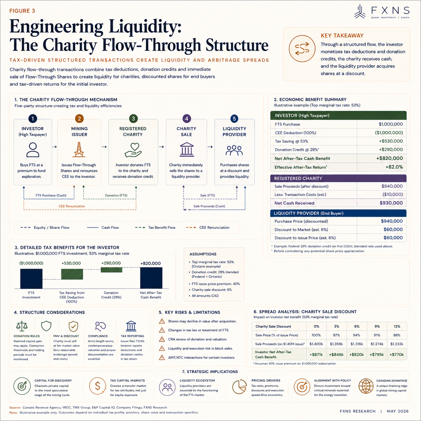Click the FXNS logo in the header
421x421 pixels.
tap(382, 12)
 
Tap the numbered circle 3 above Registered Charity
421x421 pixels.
tap(133, 119)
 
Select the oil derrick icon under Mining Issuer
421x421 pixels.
tap(79, 150)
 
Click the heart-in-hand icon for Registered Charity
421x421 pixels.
tap(133, 150)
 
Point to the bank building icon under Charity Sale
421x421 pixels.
tap(187, 150)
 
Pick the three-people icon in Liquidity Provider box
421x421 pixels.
tap(234, 150)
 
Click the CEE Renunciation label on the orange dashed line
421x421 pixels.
tap(72, 206)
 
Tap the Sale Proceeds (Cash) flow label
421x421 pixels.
tap(209, 206)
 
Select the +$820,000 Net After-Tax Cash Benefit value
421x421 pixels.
tap(389, 158)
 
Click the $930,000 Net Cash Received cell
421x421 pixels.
tap(391, 203)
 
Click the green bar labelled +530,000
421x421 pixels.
tap(72, 274)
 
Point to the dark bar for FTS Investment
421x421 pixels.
tap(31, 279)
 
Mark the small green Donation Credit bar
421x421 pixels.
tap(111, 270)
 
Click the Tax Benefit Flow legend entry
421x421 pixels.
tap(155, 227)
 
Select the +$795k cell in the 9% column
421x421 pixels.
tap(377, 355)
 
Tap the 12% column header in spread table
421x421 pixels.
tap(397, 326)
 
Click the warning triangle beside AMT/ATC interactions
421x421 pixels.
tap(162, 358)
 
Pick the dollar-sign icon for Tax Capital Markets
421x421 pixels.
tap(97, 386)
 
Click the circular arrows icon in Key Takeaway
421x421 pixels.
tap(302, 49)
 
